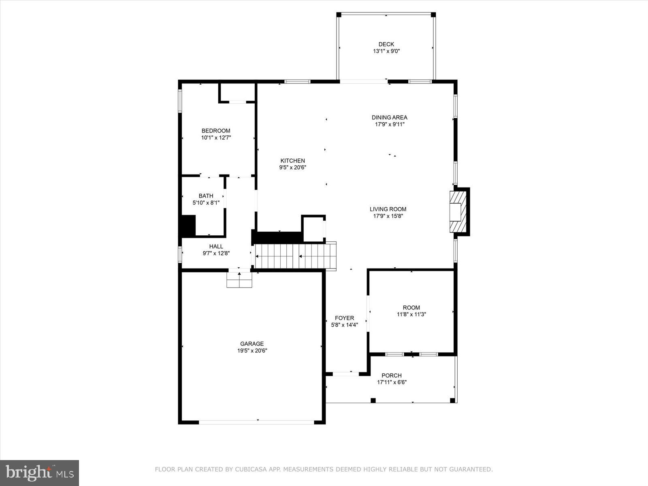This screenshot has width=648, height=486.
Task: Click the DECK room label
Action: point(386,44)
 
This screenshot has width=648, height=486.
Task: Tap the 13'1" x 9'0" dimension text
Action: point(386,51)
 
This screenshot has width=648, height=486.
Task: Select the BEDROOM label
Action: point(216,130)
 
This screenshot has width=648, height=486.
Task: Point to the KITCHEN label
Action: point(292,161)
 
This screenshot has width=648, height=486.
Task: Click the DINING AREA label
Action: point(389,117)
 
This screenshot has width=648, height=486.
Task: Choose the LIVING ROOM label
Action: point(388,209)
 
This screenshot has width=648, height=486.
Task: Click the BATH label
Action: point(206,196)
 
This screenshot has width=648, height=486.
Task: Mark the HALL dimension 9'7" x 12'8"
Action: point(216,254)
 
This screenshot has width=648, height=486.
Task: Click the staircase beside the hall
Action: point(296,256)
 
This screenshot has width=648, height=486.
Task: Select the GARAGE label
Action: point(252,344)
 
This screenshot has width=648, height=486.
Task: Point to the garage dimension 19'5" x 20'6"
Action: point(252,351)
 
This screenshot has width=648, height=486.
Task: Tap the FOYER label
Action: point(344,318)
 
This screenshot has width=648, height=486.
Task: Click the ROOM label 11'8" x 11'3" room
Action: point(411,307)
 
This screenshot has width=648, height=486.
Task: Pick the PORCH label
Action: point(391,375)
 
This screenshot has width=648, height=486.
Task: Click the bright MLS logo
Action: point(39,473)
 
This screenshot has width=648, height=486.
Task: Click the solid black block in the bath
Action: point(188,226)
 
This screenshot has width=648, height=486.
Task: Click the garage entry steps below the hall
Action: point(239,280)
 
